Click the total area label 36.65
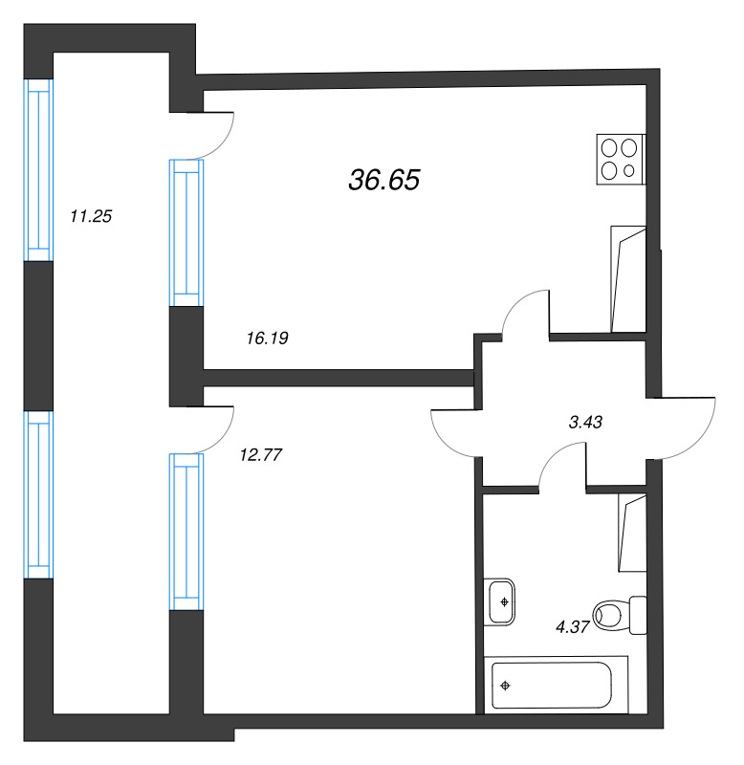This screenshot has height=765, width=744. tap(383, 180)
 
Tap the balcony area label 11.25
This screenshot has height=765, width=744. tap(91, 216)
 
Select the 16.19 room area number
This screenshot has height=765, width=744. tap(268, 338)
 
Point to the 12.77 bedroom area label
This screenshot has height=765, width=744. tap(261, 455)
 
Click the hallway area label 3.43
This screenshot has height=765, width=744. tap(585, 422)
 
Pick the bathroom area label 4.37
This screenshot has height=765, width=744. tap(573, 626)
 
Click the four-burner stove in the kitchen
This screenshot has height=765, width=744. tap(621, 160)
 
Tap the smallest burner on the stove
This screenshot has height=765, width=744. tap(629, 171)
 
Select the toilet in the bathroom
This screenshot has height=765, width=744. tap(620, 615)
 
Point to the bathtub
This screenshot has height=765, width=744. tap(556, 685)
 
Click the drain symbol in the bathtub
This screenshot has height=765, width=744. tap(506, 686)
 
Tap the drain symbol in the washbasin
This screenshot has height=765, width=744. tap(505, 602)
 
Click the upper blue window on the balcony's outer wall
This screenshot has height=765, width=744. tap(38, 170)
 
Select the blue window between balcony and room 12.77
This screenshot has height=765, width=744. tap(186, 532)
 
